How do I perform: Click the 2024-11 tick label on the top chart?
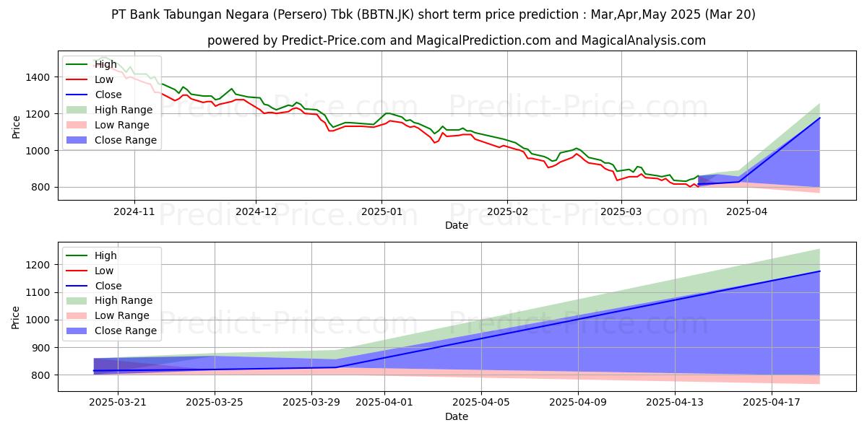134,212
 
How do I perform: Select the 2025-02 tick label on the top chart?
506,212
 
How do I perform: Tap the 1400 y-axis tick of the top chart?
37,77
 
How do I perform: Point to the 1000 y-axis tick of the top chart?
37,151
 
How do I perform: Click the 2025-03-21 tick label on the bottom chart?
118,403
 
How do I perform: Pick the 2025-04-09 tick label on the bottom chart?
578,403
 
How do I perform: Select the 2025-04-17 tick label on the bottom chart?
772,403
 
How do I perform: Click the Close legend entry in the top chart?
108,95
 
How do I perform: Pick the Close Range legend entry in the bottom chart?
126,331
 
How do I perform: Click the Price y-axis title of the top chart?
17,126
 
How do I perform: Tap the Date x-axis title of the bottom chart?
456,416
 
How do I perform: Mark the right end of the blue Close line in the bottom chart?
819,271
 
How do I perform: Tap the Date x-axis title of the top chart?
456,226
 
